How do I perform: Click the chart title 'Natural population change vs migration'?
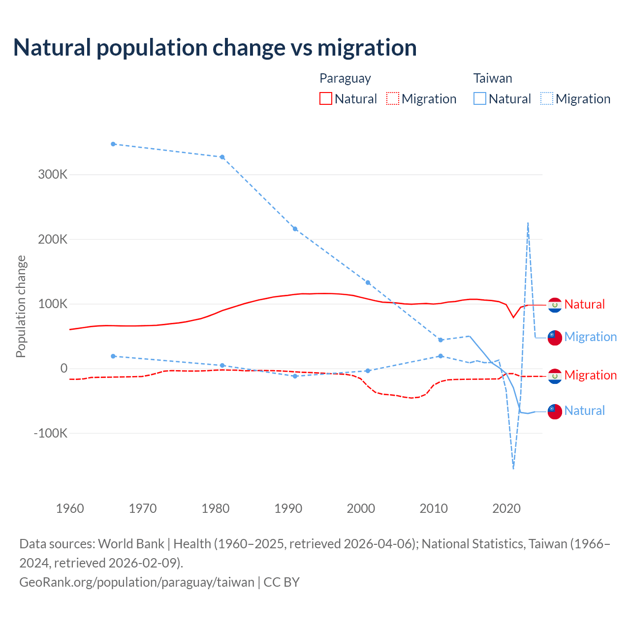(x=215, y=48)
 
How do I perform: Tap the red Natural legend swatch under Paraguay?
(x=326, y=98)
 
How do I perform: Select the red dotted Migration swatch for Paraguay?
(x=393, y=98)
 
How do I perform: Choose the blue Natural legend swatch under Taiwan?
(x=480, y=98)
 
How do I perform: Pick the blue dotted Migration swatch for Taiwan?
(x=547, y=98)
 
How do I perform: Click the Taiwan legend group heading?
(x=493, y=78)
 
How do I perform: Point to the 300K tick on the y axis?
(x=53, y=175)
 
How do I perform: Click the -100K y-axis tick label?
(x=50, y=434)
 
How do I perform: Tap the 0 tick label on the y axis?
(x=63, y=369)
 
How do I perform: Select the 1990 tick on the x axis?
(x=288, y=508)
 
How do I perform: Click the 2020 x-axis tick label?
(x=506, y=508)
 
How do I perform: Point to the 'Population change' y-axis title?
(x=21, y=307)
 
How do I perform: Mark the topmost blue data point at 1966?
(x=113, y=144)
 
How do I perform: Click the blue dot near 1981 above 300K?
(x=222, y=157)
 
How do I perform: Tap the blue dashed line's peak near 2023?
(x=528, y=223)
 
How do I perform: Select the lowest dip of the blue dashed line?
(x=513, y=468)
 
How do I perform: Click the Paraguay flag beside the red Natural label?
(x=555, y=305)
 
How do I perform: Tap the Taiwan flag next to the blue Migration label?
(x=555, y=338)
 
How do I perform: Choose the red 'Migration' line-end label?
(x=590, y=376)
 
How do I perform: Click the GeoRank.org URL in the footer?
(x=137, y=582)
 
